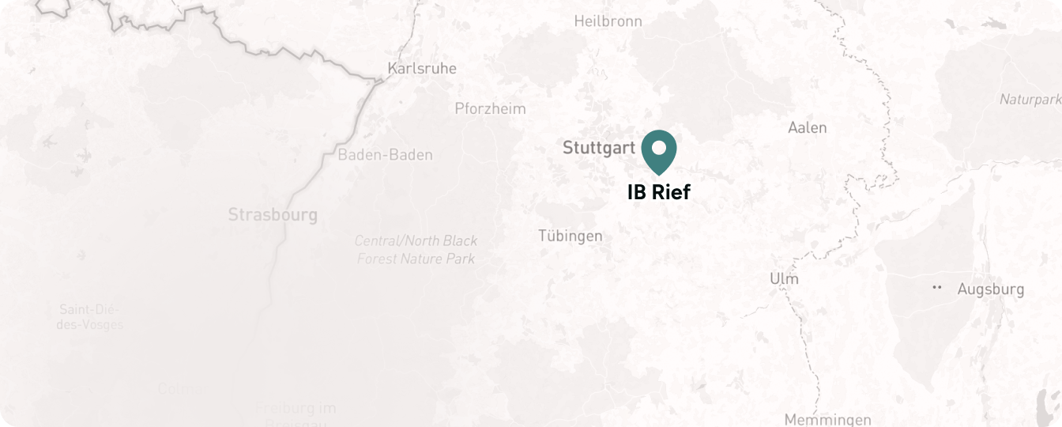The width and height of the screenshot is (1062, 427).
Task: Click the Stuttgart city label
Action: point(598,148)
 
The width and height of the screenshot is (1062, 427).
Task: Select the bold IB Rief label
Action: point(658,192)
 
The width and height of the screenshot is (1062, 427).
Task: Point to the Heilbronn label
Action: point(608,21)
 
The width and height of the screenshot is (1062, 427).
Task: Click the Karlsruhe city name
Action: point(421,69)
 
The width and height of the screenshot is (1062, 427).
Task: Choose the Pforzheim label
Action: point(490,109)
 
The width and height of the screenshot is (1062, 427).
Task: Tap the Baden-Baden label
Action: point(385,155)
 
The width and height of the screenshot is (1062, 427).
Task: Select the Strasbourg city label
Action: point(273,214)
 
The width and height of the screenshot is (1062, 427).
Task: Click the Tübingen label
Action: point(570,236)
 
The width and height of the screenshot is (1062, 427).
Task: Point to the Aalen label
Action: point(808,127)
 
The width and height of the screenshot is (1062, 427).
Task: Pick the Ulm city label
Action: point(784,279)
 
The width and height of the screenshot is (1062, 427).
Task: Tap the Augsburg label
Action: point(990,289)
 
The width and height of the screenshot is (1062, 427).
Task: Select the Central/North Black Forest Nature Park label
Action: point(416,249)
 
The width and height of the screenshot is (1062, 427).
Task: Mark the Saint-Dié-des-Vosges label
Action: point(90,316)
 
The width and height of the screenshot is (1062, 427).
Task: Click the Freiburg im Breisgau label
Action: point(296,414)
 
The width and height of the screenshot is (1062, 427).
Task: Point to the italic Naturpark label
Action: point(1030,100)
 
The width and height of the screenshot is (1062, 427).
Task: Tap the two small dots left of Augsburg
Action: point(938,287)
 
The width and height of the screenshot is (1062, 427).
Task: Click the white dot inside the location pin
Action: point(658,147)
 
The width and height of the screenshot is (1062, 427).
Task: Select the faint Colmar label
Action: point(183,388)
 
